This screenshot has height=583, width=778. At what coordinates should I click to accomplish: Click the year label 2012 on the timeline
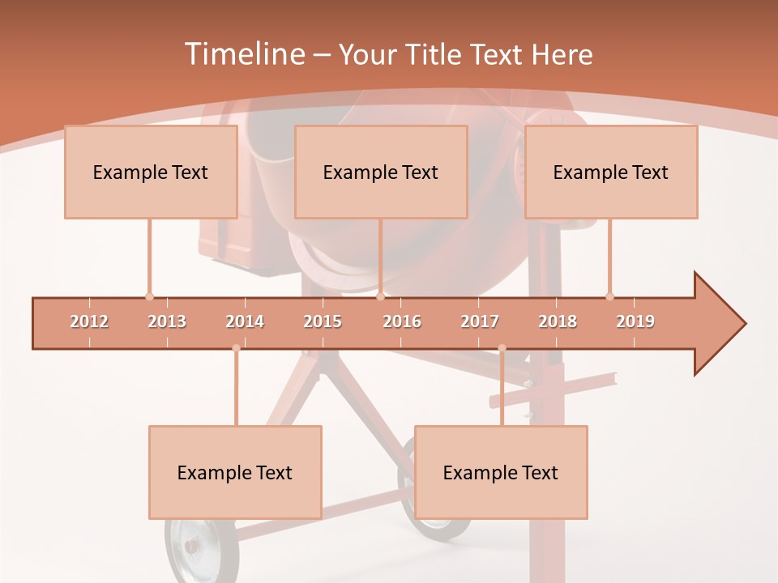(x=89, y=321)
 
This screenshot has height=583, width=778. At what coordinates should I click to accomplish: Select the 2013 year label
(x=167, y=321)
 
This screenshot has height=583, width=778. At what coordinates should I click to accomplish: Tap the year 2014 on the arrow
(x=245, y=321)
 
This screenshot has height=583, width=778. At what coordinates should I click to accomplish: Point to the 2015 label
(x=323, y=321)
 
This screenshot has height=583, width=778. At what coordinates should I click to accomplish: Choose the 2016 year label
(x=402, y=321)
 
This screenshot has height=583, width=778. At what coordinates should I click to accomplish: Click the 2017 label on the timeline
(x=480, y=321)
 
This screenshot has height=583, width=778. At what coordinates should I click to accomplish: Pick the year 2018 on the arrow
(x=558, y=321)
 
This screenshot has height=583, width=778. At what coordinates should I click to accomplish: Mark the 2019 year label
(x=635, y=321)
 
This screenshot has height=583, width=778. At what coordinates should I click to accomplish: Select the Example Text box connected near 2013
(x=151, y=172)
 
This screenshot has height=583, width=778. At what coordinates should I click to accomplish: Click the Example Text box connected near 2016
(x=381, y=172)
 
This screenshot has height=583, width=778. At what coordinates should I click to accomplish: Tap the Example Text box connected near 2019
(x=611, y=172)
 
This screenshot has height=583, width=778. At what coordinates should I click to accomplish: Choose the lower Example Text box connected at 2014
(x=235, y=472)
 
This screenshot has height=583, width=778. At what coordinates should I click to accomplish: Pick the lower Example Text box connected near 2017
(x=501, y=472)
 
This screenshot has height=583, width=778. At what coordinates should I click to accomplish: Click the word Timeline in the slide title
(x=243, y=54)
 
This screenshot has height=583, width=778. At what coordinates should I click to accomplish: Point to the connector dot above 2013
(x=149, y=296)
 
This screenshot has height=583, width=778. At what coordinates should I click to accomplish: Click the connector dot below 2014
(x=236, y=348)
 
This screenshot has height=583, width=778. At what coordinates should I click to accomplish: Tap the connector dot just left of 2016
(x=380, y=296)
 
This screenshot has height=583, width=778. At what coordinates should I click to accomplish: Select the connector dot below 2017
(x=502, y=348)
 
